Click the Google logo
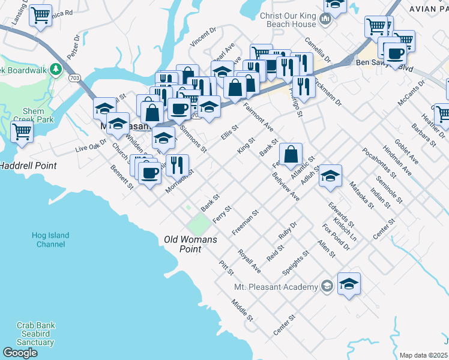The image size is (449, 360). point(20,353)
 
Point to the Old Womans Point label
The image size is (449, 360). point(190,244)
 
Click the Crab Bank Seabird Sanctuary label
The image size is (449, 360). point(35,334)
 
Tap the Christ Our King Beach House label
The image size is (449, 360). point(288,20)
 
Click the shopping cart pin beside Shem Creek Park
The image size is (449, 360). point(22,130)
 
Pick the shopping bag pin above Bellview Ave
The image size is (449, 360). point(291,154)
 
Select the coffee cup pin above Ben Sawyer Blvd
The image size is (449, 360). point(395,53)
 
